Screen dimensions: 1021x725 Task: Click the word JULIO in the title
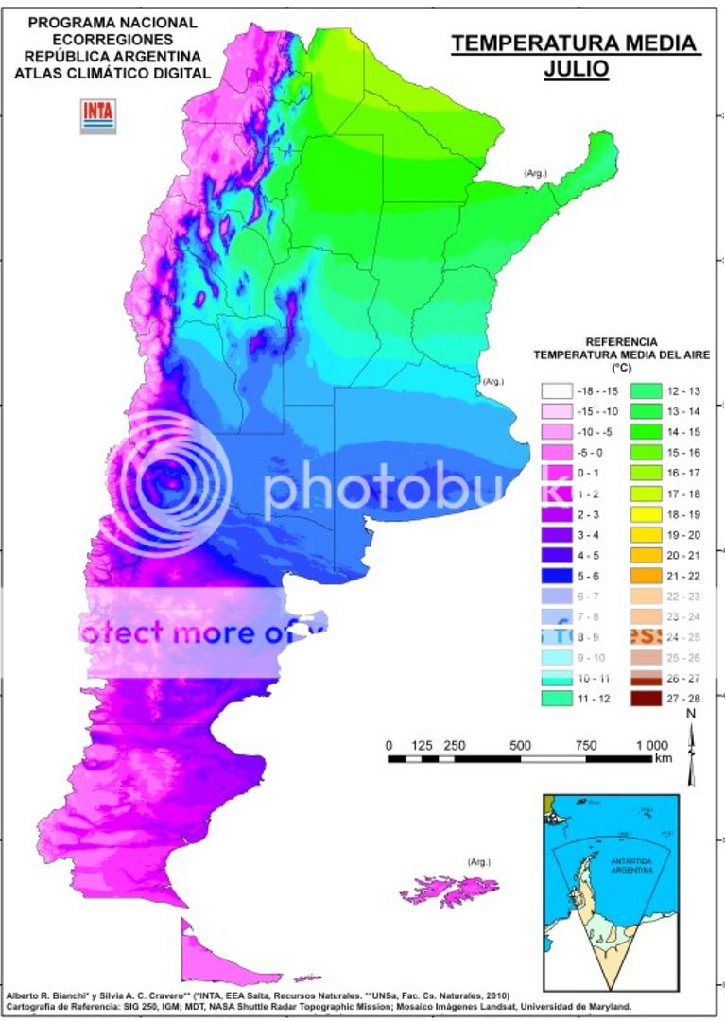(576, 68)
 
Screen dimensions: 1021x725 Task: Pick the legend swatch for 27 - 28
(646, 698)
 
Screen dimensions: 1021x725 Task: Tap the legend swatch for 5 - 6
(558, 574)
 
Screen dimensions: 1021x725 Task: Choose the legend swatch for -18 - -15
(558, 389)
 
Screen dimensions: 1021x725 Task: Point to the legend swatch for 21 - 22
(646, 574)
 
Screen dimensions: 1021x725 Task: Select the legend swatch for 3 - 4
(558, 533)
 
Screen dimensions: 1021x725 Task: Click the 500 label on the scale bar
(520, 746)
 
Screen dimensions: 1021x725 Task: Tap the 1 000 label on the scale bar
(650, 746)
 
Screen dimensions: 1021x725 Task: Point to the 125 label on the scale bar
(422, 746)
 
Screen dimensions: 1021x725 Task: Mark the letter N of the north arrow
(691, 714)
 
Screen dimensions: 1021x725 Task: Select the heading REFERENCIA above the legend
(621, 341)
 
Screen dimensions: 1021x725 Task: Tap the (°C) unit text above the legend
(621, 368)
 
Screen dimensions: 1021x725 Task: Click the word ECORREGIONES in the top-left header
(112, 40)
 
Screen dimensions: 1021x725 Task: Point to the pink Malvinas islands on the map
(448, 890)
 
